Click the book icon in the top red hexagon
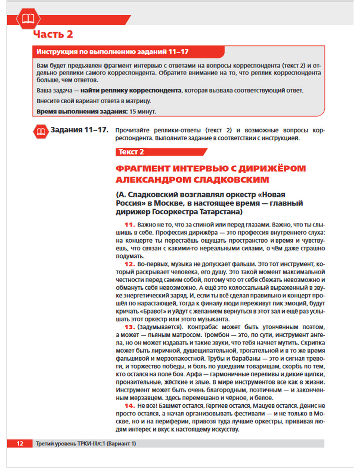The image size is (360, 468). click(28, 18)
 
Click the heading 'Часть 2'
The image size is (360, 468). click(53, 35)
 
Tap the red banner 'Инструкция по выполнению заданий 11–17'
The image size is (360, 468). click(112, 52)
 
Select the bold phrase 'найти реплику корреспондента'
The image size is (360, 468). click(131, 90)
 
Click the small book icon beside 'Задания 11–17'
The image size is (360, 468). click(41, 132)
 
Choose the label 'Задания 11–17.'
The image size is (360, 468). click(79, 130)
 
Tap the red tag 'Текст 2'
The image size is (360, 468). click(131, 152)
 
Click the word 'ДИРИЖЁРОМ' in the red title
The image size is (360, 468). click(272, 168)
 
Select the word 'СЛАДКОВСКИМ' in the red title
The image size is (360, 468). click(231, 180)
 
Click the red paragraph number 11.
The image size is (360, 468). click(129, 225)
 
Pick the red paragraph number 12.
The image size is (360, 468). click(129, 264)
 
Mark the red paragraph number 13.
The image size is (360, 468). click(129, 327)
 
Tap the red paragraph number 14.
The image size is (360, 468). click(129, 406)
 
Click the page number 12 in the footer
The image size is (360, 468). click(20, 444)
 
